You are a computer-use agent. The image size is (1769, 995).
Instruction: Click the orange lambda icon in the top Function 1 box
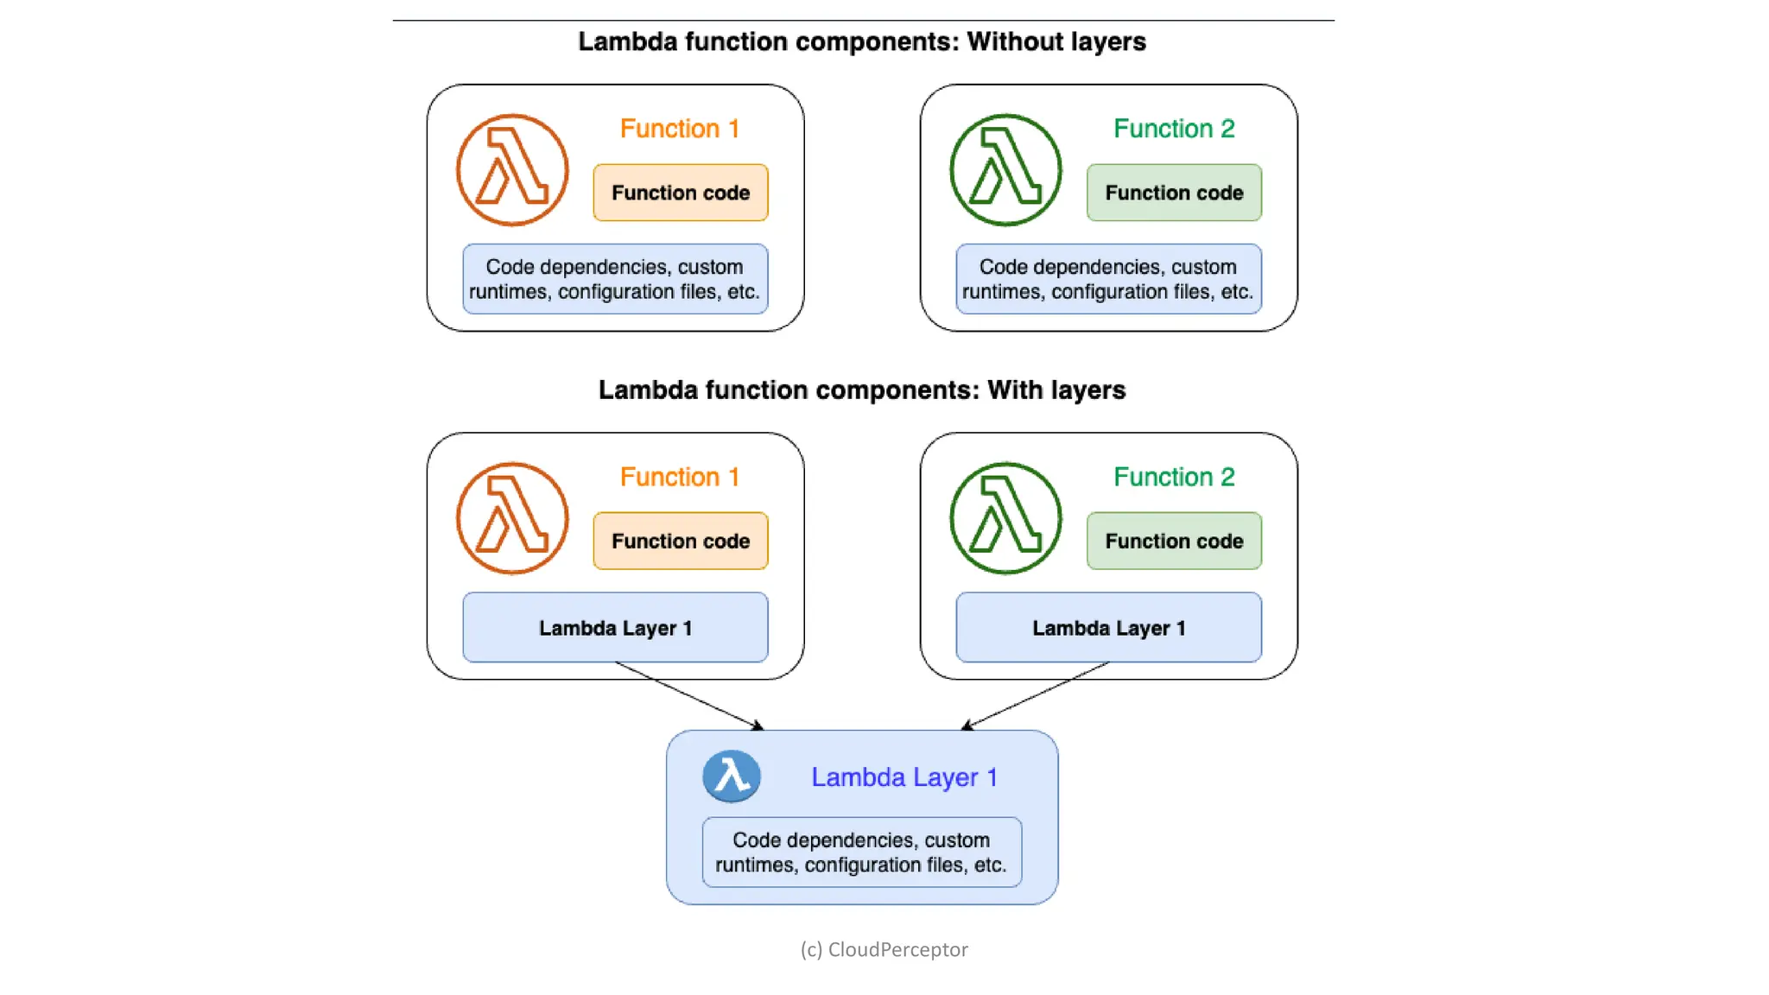pyautogui.click(x=512, y=170)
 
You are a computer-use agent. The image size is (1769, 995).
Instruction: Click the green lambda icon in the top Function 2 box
pyautogui.click(x=1005, y=170)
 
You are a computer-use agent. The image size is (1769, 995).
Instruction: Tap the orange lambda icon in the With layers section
pyautogui.click(x=512, y=518)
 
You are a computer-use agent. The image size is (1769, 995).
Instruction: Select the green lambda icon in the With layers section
pyautogui.click(x=1005, y=518)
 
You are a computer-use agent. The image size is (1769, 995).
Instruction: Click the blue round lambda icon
pyautogui.click(x=732, y=776)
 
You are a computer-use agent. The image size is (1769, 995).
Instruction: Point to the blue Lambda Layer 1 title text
pyautogui.click(x=904, y=777)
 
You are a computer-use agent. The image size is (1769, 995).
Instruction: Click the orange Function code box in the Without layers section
pyautogui.click(x=681, y=193)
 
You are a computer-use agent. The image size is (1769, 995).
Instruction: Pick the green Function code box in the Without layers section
pyautogui.click(x=1174, y=193)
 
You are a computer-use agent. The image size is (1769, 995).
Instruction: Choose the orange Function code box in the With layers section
pyautogui.click(x=681, y=541)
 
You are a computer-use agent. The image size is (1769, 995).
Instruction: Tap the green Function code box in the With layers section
pyautogui.click(x=1174, y=541)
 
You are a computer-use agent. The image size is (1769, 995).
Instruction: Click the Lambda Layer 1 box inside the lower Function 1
pyautogui.click(x=615, y=628)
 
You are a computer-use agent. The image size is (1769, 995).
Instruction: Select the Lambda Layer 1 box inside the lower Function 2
pyautogui.click(x=1108, y=628)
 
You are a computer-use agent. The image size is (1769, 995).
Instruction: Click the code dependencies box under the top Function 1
pyautogui.click(x=615, y=279)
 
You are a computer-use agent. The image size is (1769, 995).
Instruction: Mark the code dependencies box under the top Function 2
pyautogui.click(x=1108, y=279)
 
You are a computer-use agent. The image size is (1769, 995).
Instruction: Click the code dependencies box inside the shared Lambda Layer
pyautogui.click(x=862, y=852)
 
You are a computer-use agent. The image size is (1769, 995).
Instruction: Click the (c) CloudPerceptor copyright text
pyautogui.click(x=884, y=949)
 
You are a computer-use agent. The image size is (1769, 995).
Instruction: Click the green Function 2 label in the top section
pyautogui.click(x=1174, y=129)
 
